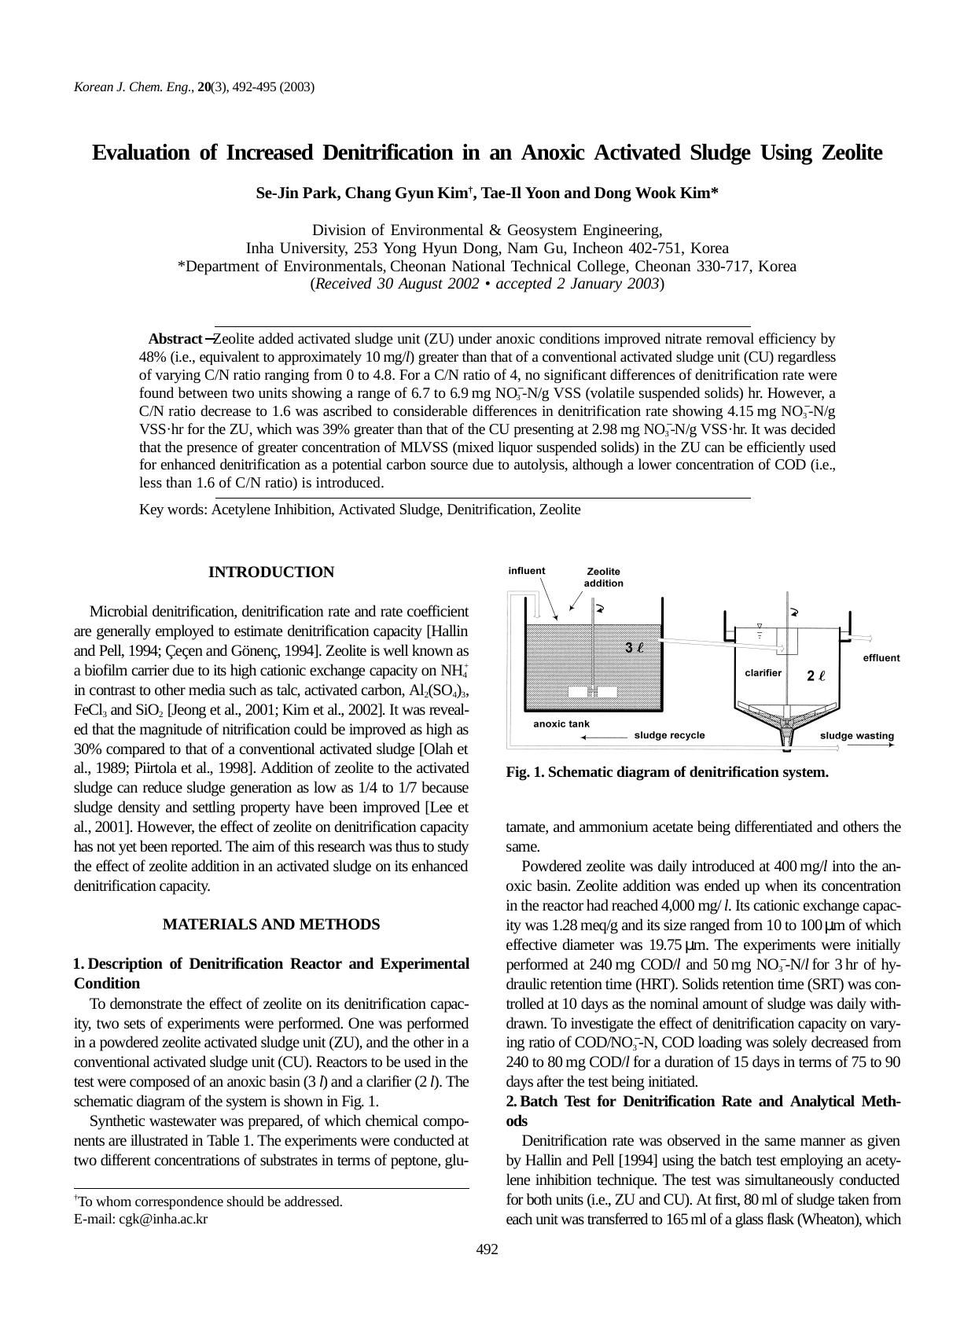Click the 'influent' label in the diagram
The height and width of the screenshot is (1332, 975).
point(527,571)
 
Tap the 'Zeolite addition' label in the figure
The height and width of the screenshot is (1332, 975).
point(603,577)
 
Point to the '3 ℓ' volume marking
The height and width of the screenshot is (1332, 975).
point(634,648)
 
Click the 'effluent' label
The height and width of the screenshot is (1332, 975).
point(881,658)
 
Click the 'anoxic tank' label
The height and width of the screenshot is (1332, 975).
point(561,723)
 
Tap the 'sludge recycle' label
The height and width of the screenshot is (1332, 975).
point(669,735)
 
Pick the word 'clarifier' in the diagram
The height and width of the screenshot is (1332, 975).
point(763,672)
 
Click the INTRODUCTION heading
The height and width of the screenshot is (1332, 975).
point(270,572)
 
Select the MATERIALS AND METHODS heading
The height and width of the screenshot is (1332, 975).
point(270,925)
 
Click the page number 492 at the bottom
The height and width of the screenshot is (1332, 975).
point(487,1249)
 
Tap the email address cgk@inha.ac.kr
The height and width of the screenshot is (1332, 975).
point(164,1220)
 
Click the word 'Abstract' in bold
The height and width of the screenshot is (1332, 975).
point(175,339)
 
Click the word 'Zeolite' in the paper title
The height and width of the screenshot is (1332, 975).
point(852,153)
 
